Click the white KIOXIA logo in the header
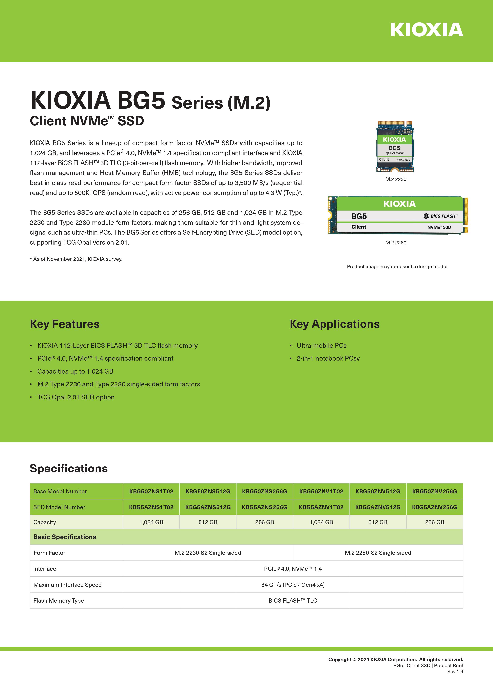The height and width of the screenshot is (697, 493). click(x=426, y=30)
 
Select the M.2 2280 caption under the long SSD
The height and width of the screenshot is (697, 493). click(x=396, y=243)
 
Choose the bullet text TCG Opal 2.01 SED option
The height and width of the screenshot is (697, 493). click(x=76, y=397)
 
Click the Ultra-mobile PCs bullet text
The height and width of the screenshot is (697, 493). click(x=322, y=346)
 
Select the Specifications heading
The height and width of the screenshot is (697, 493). click(x=69, y=469)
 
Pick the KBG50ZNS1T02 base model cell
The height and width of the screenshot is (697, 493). click(x=151, y=491)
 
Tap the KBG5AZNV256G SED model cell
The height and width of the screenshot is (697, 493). click(x=434, y=507)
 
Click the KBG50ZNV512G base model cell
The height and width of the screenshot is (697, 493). click(x=378, y=491)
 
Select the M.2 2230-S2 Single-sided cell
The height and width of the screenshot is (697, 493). click(x=208, y=553)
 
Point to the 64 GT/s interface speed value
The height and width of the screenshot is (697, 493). click(x=293, y=585)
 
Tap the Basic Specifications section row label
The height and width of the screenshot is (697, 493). click(x=65, y=537)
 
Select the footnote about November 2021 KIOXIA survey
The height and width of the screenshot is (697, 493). click(x=76, y=259)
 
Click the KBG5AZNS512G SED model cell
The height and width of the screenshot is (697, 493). click(x=208, y=507)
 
